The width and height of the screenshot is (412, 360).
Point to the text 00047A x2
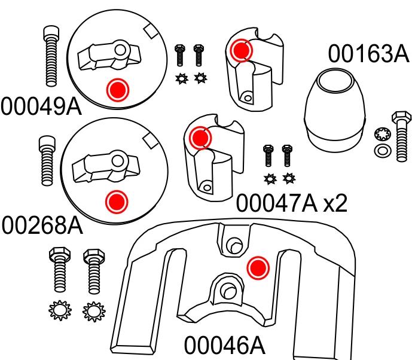(x=291, y=203)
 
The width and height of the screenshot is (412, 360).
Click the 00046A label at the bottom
(x=224, y=345)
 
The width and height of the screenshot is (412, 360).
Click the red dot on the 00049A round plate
(x=117, y=90)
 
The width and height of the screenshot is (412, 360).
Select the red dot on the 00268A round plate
(x=117, y=202)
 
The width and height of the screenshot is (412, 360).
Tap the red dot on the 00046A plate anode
(x=258, y=267)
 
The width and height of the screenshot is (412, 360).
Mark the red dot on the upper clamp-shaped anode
(x=241, y=50)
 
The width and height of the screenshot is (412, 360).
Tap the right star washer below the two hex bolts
(x=92, y=311)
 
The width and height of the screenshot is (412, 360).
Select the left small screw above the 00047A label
(x=268, y=155)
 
